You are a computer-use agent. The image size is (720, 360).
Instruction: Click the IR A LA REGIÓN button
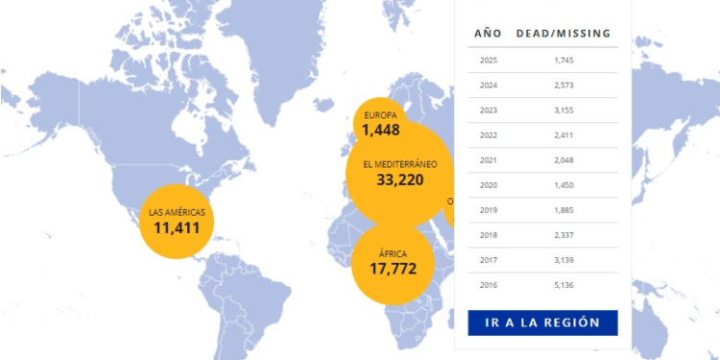[543, 323]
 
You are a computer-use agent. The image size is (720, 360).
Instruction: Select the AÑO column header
[488, 34]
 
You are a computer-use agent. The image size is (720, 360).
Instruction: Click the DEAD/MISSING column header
[564, 34]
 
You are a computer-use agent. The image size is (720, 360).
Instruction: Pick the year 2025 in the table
[488, 60]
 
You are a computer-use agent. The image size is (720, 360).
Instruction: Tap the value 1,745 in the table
[564, 60]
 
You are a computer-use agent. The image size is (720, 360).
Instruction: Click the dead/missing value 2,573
[564, 85]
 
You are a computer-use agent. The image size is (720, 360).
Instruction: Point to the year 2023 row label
[488, 110]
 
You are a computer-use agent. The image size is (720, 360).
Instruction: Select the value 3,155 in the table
[564, 110]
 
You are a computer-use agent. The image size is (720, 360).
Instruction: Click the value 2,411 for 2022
[564, 135]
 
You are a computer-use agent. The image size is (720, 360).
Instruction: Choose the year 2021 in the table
[488, 160]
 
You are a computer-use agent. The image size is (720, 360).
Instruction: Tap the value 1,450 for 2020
[564, 185]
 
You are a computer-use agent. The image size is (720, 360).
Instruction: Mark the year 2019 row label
[488, 210]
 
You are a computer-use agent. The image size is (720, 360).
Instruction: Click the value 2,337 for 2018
[564, 235]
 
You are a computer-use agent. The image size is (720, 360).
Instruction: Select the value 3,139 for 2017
[564, 260]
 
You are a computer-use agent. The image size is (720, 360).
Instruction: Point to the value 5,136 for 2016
[564, 285]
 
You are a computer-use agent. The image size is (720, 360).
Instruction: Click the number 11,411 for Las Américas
[177, 228]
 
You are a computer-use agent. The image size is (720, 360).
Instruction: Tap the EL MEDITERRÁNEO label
[400, 164]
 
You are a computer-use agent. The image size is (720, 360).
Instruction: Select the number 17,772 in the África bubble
[393, 269]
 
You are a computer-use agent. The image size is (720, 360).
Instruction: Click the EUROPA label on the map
[380, 115]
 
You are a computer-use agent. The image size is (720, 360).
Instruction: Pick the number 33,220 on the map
[400, 180]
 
